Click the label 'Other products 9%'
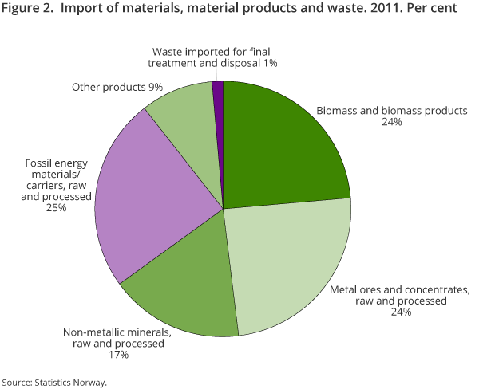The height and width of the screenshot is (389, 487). [117, 87]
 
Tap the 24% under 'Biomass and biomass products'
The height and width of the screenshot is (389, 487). [390, 124]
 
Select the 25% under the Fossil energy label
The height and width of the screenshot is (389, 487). [55, 208]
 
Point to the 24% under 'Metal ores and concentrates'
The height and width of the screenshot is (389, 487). [400, 312]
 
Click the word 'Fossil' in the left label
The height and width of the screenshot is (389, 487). [42, 163]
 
